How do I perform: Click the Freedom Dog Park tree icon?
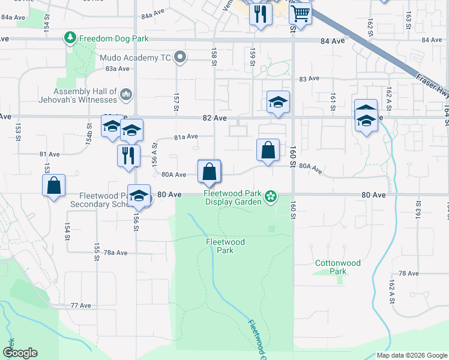coord(71,38)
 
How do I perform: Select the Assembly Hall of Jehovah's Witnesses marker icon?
coord(126,94)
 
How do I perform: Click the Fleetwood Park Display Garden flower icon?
coord(271,196)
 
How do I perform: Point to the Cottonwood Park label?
coord(339,267)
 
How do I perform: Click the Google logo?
coord(20,353)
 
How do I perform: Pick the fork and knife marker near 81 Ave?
coord(128,155)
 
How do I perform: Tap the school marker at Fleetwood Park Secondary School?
coord(139,195)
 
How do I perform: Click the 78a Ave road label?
coord(116,253)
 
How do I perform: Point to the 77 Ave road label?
coord(80,305)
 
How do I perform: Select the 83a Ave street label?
coord(118,68)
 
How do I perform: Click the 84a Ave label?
coord(153,11)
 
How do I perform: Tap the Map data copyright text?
coord(411,355)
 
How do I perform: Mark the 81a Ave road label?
coord(186,137)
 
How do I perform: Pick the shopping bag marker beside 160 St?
coord(268,150)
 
